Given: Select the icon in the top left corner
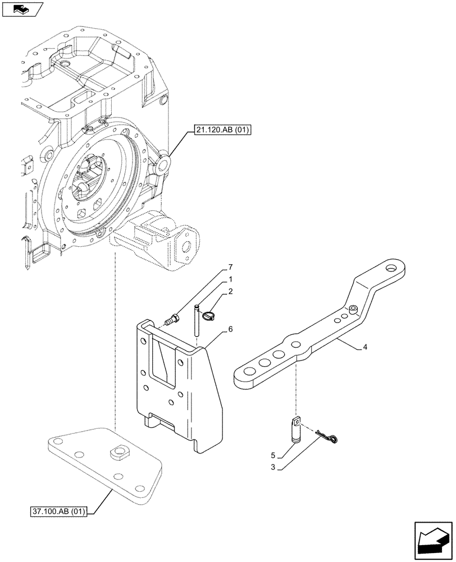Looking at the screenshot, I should pos(21,9).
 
